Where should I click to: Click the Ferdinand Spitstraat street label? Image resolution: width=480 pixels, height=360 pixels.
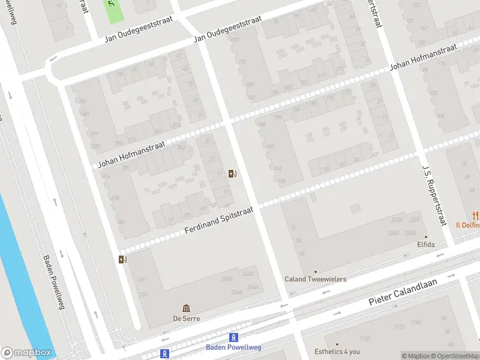coord(219,221)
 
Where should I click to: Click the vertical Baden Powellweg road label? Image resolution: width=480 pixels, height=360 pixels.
coord(53,283)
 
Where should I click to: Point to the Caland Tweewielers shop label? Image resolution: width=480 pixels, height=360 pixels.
coord(315,279)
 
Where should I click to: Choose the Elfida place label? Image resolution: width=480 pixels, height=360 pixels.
coord(425,245)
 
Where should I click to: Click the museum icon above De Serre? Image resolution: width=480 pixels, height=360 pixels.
coord(186,308)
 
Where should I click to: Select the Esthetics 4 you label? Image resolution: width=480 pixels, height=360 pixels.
coord(338,352)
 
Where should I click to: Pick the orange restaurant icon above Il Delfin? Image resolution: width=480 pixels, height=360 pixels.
coord(475,215)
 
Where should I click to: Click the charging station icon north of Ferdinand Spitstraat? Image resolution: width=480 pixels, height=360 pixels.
coord(232,174)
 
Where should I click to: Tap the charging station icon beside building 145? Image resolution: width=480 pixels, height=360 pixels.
coord(123,259)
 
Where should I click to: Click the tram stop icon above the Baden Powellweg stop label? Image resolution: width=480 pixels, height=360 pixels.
coord(234,338)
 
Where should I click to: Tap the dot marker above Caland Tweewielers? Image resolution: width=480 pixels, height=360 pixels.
coord(315,271)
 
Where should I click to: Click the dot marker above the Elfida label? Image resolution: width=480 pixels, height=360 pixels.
coord(426,237)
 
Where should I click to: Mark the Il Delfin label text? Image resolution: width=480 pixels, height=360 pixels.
coord(468,226)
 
